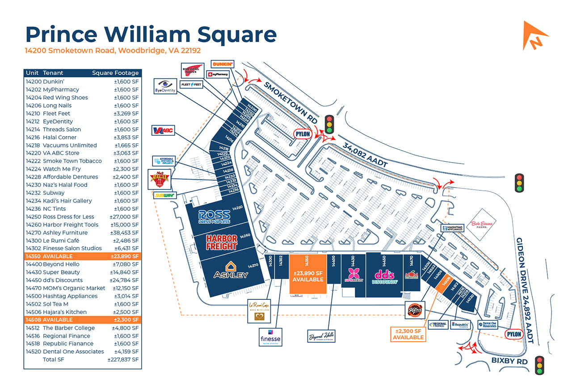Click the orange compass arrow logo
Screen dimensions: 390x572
[535, 35]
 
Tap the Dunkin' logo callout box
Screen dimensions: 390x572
[223, 64]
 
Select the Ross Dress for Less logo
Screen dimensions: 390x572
[215, 217]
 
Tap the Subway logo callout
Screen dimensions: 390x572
[164, 195]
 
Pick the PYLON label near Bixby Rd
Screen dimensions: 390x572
[514, 334]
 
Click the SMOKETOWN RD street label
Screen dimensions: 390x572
[290, 103]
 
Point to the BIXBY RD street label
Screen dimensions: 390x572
[509, 361]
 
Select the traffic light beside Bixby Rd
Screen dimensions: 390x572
[539, 365]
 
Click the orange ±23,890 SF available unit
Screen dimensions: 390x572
[308, 274]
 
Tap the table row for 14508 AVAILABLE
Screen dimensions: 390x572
[83, 320]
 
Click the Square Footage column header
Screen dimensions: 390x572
[115, 73]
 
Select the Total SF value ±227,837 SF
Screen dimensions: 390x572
[123, 360]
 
